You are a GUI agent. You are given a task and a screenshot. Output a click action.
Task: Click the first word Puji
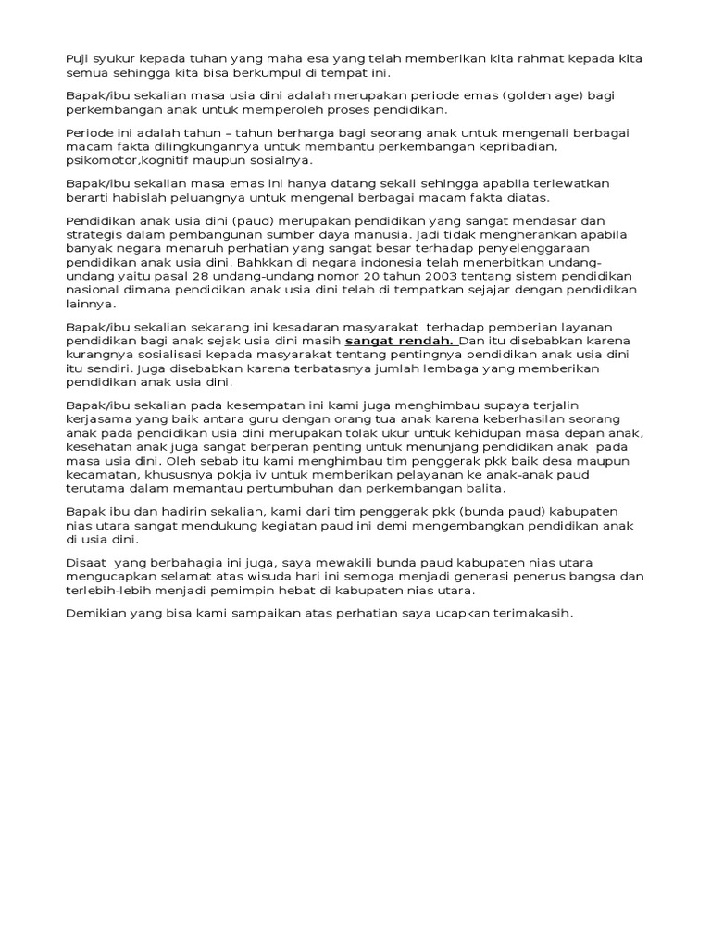tap(78, 59)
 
